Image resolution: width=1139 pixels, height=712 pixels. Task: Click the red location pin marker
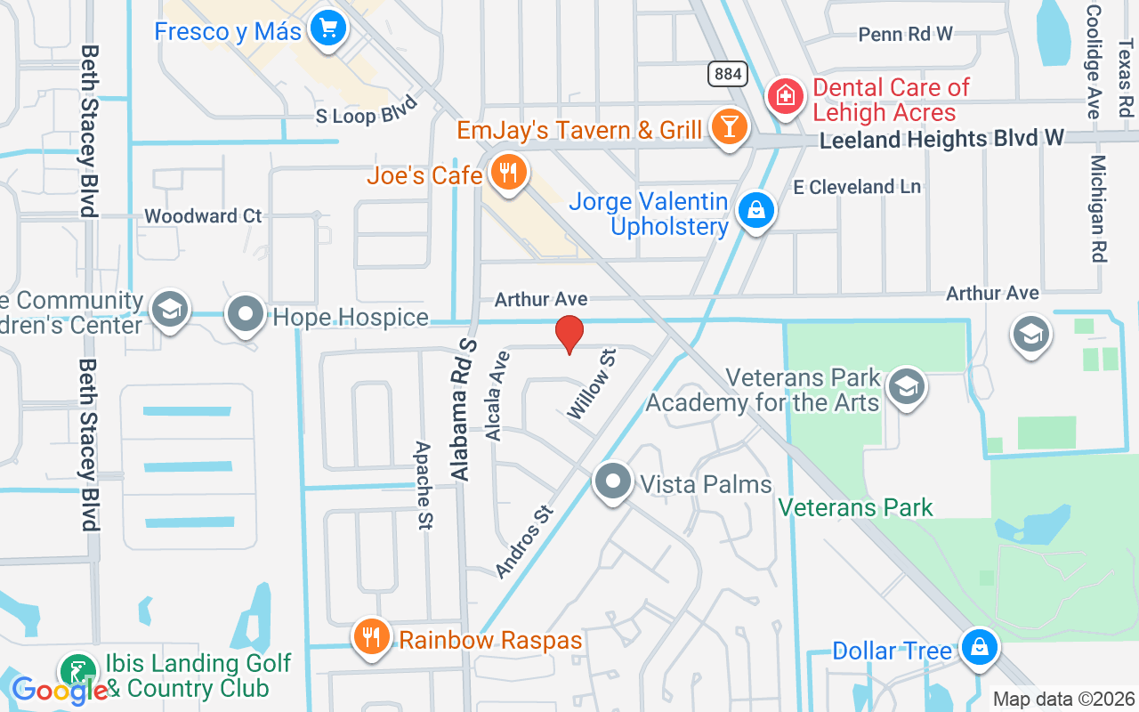569,334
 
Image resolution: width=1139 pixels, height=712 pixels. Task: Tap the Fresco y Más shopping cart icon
327,29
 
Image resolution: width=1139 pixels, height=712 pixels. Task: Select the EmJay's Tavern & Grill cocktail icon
729,129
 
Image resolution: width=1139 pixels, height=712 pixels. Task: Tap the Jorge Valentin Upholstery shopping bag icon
755,211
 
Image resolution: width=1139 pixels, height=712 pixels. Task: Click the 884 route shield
728,74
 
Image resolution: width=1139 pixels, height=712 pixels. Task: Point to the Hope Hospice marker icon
245,315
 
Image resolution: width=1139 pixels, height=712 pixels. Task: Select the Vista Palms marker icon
612,481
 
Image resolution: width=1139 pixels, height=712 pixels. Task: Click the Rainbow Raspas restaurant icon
372,638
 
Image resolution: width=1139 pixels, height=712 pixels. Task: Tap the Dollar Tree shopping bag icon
979,647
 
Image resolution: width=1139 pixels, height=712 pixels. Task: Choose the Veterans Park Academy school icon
906,386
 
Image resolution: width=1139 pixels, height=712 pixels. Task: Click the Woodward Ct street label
203,216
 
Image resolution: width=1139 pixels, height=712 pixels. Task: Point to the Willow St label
592,384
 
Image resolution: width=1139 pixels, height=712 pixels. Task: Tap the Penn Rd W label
905,35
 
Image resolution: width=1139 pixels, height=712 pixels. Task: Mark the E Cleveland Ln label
857,187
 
